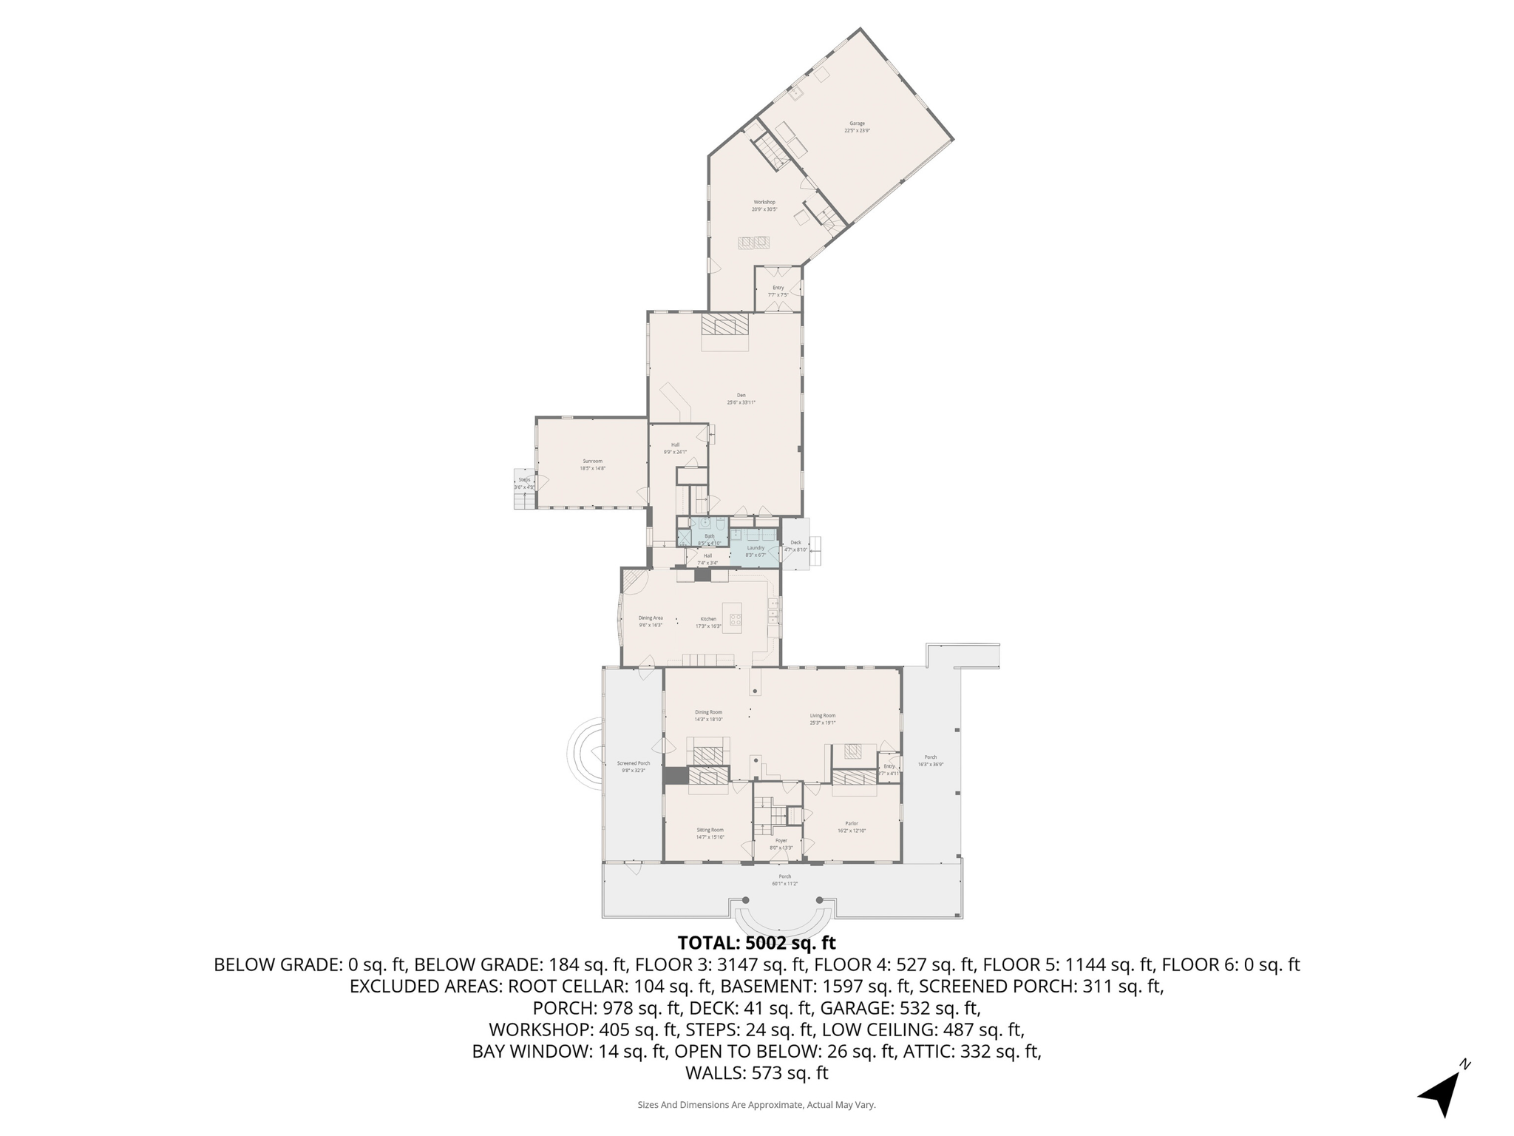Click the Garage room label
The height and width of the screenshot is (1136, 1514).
857,124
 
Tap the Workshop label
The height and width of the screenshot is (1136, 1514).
764,202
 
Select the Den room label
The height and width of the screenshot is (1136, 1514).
741,396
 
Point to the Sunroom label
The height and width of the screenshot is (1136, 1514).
592,461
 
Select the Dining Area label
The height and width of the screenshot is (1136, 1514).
651,618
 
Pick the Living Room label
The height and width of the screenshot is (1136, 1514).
822,715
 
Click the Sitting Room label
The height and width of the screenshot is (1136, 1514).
710,830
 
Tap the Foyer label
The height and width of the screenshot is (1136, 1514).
781,840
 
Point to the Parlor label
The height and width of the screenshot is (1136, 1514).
852,823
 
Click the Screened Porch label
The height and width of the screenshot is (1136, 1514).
634,763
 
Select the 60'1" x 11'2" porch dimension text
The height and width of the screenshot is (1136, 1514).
784,884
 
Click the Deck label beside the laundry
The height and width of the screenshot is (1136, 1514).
795,542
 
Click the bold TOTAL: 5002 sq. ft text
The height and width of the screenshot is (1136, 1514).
756,943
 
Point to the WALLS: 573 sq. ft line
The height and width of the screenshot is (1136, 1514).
756,1073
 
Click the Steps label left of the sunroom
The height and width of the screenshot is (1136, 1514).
523,479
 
